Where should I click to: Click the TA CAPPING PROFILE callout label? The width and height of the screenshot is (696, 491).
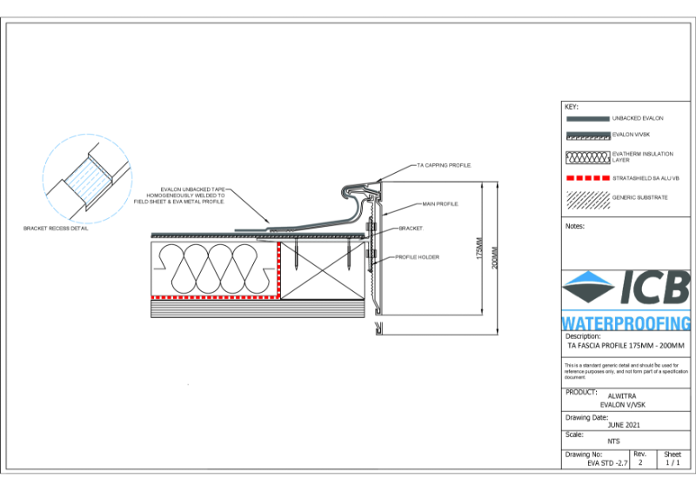point(444,165)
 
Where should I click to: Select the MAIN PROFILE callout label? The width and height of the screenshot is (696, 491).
point(441,203)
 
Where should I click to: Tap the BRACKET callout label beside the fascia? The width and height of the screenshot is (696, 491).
point(410,228)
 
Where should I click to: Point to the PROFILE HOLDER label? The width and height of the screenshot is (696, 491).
point(417,257)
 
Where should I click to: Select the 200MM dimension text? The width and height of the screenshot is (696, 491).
point(495,258)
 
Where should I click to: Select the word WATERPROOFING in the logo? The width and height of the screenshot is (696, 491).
point(626,322)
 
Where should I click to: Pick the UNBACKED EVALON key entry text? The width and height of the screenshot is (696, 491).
point(638,117)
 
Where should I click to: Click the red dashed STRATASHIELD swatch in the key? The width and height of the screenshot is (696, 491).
point(586,177)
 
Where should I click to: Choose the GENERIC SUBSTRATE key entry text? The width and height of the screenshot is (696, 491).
point(639,197)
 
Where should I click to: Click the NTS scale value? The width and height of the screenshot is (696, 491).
point(613,441)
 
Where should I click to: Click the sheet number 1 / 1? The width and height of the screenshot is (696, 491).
point(673,464)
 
